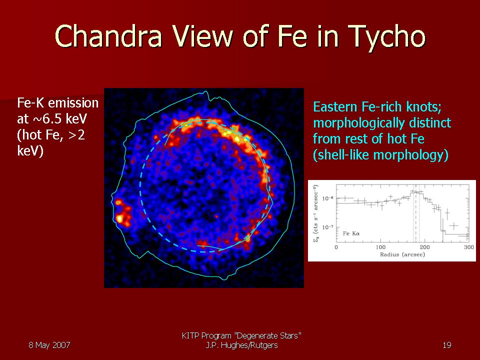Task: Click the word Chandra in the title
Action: point(108,36)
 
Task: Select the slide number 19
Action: point(447,345)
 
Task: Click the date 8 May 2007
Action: point(49,345)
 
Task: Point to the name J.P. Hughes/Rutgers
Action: point(242,345)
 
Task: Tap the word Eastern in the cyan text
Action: point(335,107)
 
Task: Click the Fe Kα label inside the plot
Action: point(351,233)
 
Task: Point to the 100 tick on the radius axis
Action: point(380,247)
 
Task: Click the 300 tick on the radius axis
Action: point(468,247)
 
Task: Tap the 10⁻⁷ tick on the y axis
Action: point(328,227)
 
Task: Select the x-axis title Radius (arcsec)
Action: point(402,254)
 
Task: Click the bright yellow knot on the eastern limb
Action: point(119,218)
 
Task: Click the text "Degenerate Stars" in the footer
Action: point(267,336)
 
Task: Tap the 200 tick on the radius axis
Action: point(424,247)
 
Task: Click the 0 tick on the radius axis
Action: point(336,247)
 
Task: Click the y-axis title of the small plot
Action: point(315,214)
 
